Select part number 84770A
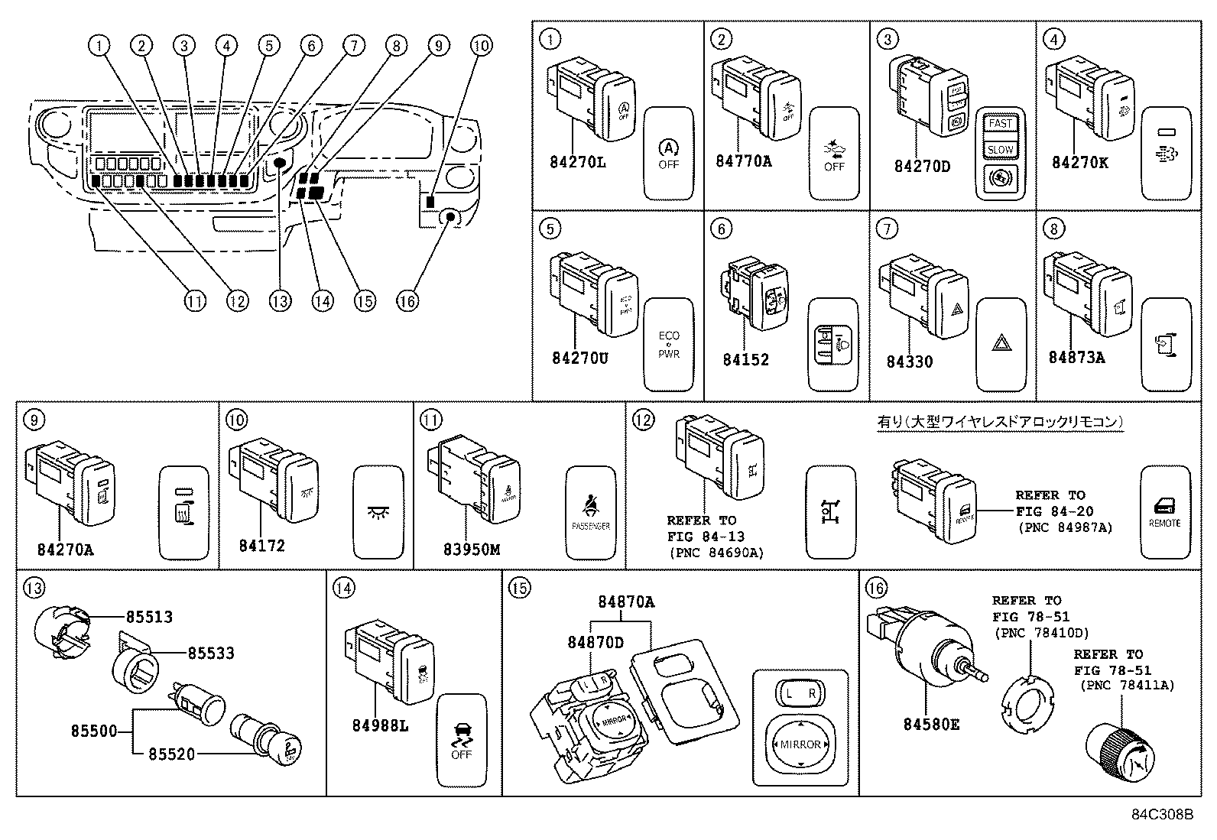743,161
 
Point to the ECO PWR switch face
668,345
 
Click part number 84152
745,359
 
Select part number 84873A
1076,357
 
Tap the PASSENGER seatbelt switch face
590,512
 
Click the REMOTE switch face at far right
1164,512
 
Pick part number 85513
149,616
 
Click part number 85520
171,754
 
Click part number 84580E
930,724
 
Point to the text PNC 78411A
1127,686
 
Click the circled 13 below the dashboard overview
281,301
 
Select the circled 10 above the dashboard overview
480,46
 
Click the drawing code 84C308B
1162,815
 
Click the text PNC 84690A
716,553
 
